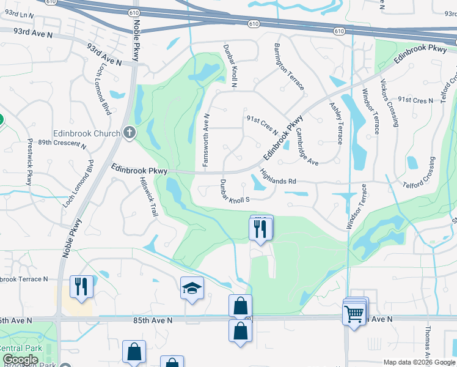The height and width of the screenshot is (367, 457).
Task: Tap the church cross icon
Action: point(129,132)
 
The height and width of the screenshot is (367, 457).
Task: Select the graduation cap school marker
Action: point(192,289)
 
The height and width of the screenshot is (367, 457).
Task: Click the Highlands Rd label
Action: point(278,178)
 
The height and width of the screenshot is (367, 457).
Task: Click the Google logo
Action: point(21,360)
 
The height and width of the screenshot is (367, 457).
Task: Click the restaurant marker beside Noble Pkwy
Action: point(81,286)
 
